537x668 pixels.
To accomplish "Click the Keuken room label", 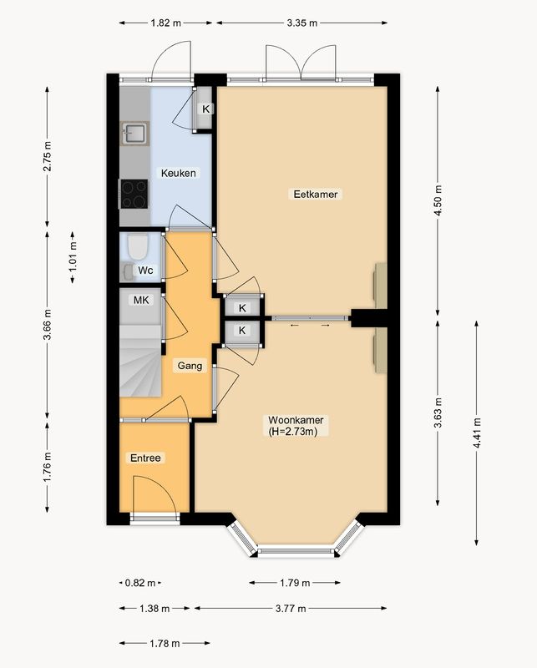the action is pyautogui.click(x=179, y=173).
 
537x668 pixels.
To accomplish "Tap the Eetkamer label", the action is pyautogui.click(x=316, y=195).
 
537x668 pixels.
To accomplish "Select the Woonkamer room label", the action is pyautogui.click(x=296, y=420).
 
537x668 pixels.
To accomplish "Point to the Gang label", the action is pyautogui.click(x=190, y=366).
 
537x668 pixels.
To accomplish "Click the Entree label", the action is pyautogui.click(x=146, y=458).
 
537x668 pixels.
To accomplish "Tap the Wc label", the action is pyautogui.click(x=145, y=270).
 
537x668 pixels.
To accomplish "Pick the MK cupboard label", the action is pyautogui.click(x=141, y=301).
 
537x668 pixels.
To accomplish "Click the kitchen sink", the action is pyautogui.click(x=134, y=134).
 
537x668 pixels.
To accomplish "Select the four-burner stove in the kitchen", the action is pyautogui.click(x=134, y=195).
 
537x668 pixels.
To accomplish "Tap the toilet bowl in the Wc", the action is pyautogui.click(x=137, y=245).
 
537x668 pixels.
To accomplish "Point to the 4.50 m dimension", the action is pyautogui.click(x=438, y=200).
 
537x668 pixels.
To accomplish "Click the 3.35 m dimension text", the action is pyautogui.click(x=302, y=23).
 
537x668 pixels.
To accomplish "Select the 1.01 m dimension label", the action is pyautogui.click(x=73, y=257).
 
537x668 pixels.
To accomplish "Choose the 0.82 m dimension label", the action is pyautogui.click(x=140, y=582).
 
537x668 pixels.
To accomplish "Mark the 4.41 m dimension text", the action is pyautogui.click(x=477, y=433).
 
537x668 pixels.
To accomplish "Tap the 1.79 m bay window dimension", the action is pyautogui.click(x=295, y=582).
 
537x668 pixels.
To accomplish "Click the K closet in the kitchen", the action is pyautogui.click(x=205, y=109).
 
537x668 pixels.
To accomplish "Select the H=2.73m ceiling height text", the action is pyautogui.click(x=293, y=431).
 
